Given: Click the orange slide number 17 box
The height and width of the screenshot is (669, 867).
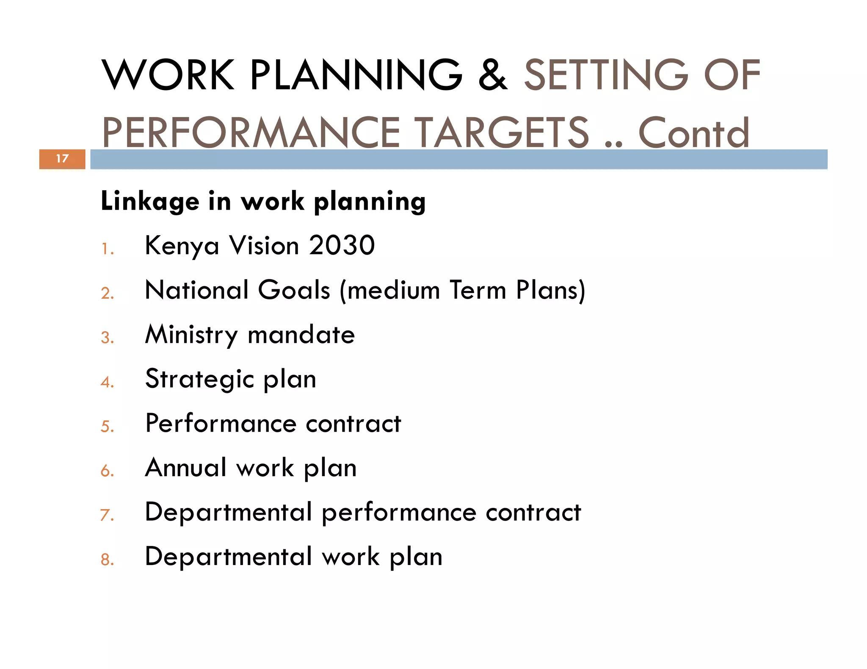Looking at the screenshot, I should click(x=62, y=159).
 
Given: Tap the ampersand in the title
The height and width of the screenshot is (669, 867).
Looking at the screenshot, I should click(x=493, y=75).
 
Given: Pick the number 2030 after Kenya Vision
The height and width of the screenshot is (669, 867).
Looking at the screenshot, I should click(x=342, y=245).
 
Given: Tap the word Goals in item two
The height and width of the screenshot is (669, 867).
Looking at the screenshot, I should click(x=294, y=290).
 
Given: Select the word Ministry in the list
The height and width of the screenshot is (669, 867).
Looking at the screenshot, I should click(x=191, y=335).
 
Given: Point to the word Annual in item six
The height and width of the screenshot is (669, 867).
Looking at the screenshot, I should click(x=186, y=468).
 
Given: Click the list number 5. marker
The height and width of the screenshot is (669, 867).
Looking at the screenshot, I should click(x=108, y=426).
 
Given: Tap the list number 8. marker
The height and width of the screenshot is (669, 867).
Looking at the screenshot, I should click(x=108, y=559).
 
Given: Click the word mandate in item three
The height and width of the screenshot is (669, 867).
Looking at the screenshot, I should click(x=301, y=335).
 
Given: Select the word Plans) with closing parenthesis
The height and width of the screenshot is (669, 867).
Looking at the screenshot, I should click(x=550, y=290).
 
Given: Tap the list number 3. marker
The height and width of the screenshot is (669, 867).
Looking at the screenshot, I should click(x=108, y=337).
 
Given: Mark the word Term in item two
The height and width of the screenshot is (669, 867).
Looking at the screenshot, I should click(x=478, y=290).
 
